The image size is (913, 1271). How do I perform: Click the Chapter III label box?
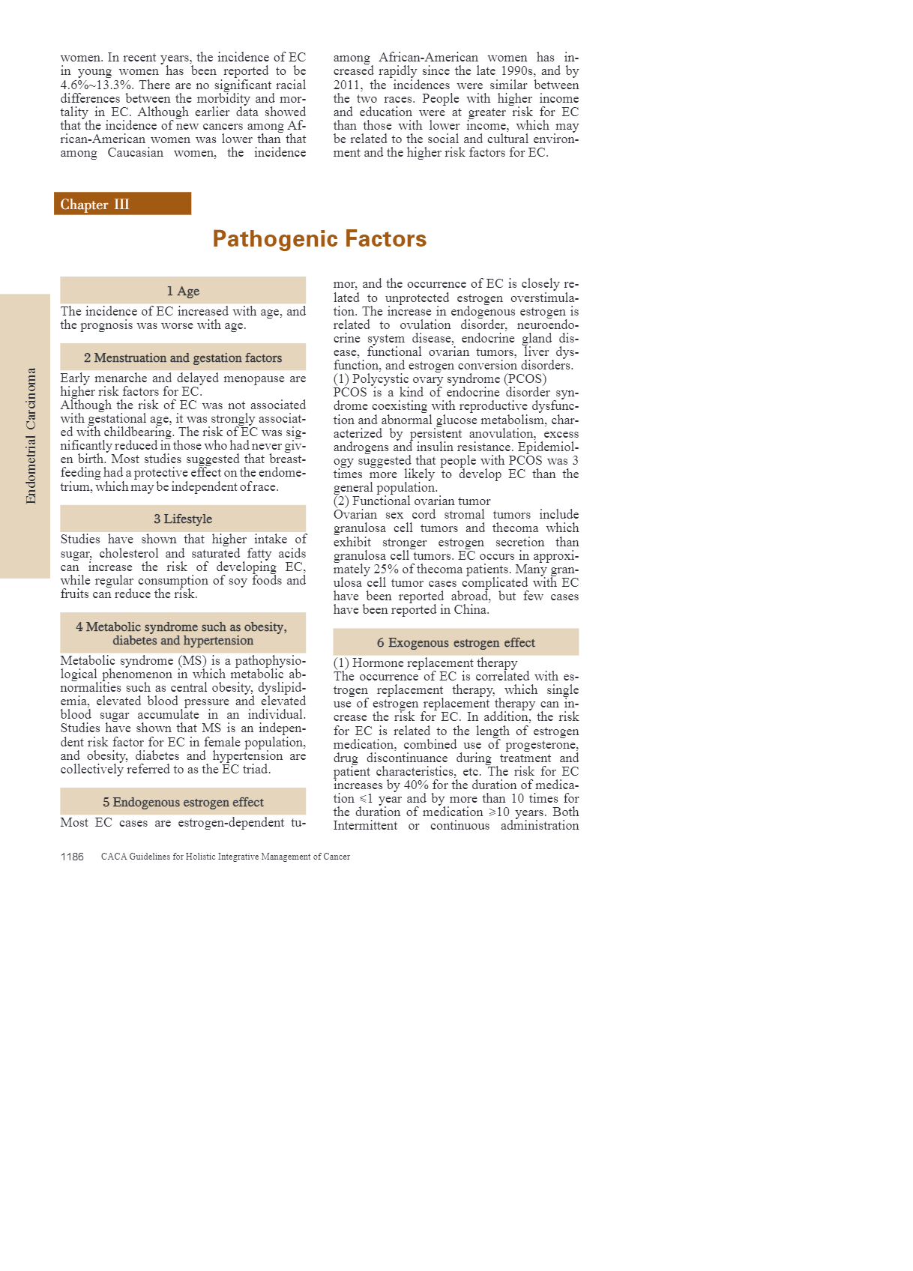122,204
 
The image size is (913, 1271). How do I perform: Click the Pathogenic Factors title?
319,238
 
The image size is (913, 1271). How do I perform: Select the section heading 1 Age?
183,291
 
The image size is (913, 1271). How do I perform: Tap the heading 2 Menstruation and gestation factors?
183,357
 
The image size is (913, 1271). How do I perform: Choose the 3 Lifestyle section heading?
183,519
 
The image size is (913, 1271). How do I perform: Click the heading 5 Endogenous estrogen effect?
183,802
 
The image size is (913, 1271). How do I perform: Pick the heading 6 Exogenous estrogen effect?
456,642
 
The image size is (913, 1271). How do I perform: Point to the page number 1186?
72,857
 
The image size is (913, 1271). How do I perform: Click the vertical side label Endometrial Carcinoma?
31,435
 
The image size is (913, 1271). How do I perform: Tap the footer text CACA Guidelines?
225,857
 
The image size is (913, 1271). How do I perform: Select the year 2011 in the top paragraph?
347,85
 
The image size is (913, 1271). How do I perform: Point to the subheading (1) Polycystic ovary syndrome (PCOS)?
440,378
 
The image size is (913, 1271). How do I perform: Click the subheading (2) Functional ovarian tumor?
412,501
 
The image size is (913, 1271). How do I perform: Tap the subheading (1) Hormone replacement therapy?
425,662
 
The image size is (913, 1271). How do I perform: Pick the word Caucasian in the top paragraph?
135,152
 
